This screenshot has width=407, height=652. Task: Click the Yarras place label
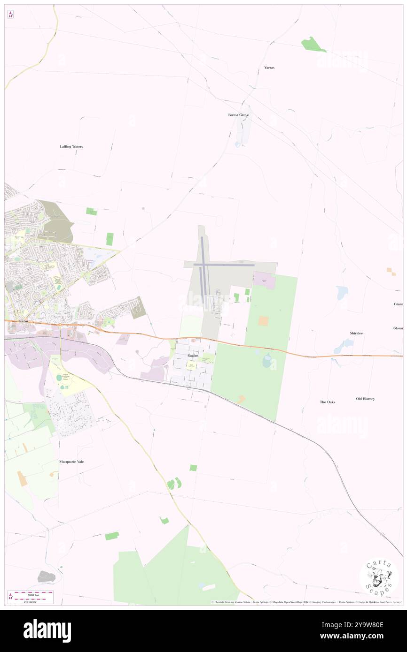pyautogui.click(x=269, y=68)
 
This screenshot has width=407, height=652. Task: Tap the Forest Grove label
pyautogui.click(x=238, y=114)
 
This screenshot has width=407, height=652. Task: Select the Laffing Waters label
pyautogui.click(x=71, y=146)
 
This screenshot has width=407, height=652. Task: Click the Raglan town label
pyautogui.click(x=193, y=356)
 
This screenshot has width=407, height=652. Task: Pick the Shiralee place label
pyautogui.click(x=356, y=333)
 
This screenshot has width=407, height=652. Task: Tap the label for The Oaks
pyautogui.click(x=328, y=402)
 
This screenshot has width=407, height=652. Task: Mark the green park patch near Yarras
pyautogui.click(x=313, y=45)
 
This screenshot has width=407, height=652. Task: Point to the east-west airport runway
pyautogui.click(x=224, y=265)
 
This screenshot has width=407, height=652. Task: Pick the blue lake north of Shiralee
pyautogui.click(x=342, y=293)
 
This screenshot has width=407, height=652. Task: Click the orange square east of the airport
pyautogui.click(x=263, y=321)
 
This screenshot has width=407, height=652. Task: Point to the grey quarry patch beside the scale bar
pyautogui.click(x=47, y=576)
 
